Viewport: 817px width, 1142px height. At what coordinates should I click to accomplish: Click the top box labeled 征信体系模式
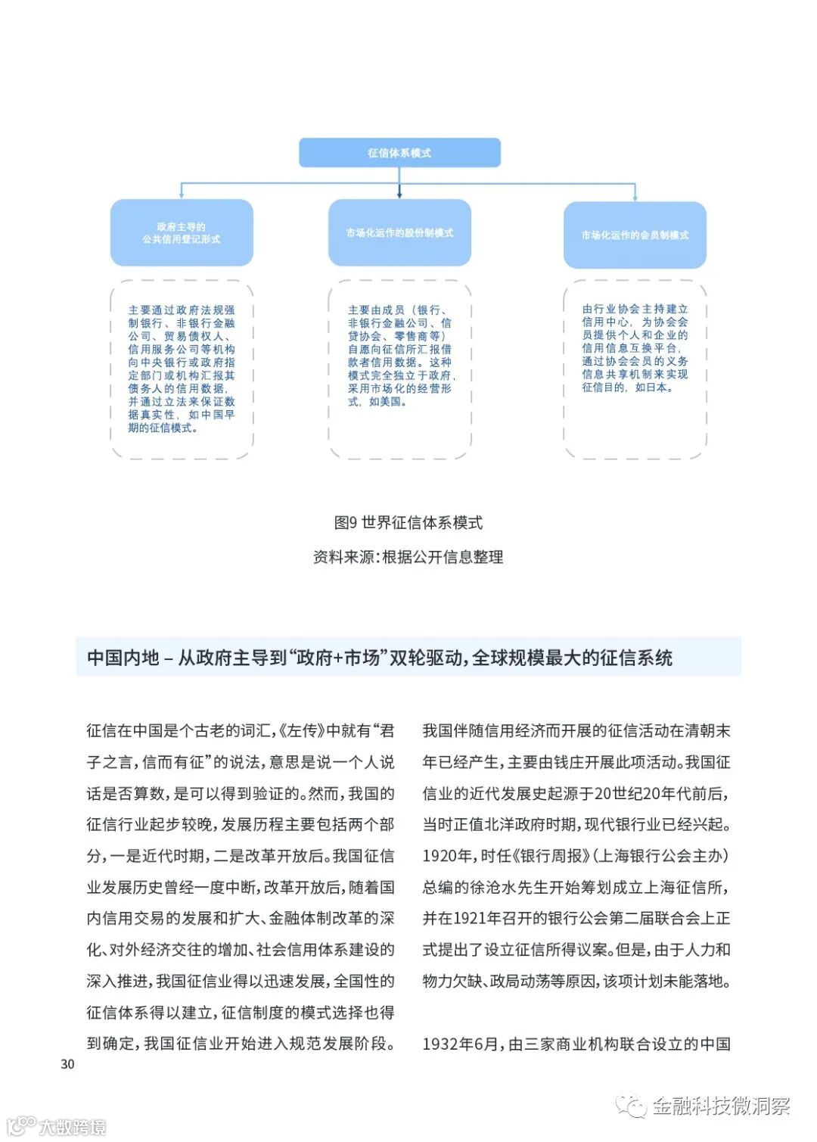399,152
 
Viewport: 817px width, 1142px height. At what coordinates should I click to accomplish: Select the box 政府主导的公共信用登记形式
182,232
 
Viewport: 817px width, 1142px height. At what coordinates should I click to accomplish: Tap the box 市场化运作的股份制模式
399,232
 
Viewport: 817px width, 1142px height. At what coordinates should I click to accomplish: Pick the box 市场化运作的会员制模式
635,235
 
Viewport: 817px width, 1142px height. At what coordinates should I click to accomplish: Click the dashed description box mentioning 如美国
399,369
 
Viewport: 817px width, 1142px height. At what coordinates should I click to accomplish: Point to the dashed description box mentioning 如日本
635,369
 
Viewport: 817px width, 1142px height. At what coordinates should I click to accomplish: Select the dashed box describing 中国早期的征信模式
182,369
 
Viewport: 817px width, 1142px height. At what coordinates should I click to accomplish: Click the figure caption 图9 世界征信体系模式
408,522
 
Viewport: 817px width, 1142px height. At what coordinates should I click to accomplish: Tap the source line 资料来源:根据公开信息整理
408,557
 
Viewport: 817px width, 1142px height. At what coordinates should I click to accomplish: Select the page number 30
67,1064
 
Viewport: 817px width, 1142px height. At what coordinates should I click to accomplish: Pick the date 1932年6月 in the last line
461,1044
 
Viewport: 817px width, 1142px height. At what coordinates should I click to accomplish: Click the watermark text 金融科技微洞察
720,1106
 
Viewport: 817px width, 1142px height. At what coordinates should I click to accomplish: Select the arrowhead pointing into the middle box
399,194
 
